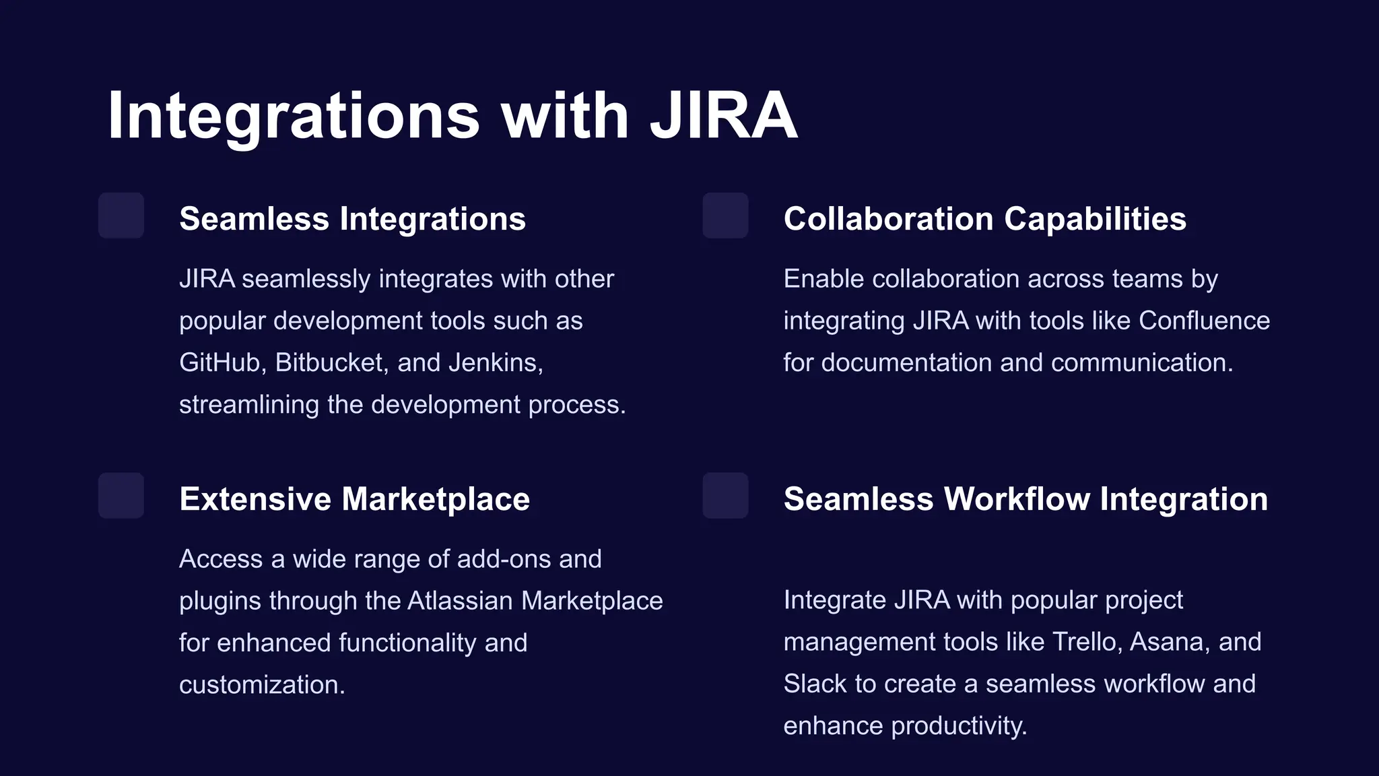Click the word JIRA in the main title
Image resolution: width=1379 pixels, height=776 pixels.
723,116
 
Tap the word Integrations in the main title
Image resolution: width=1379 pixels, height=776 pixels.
294,116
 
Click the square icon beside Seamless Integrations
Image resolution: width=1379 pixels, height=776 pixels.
121,216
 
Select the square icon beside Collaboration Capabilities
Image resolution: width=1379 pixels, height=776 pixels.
725,216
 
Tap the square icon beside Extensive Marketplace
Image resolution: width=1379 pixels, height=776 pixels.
121,496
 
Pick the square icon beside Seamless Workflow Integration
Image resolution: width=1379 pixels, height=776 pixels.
725,496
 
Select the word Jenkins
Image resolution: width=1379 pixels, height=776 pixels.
496,363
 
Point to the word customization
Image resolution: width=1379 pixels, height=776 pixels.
262,685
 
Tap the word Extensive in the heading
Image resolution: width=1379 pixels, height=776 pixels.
255,499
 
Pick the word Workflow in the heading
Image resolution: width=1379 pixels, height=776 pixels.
1017,499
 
